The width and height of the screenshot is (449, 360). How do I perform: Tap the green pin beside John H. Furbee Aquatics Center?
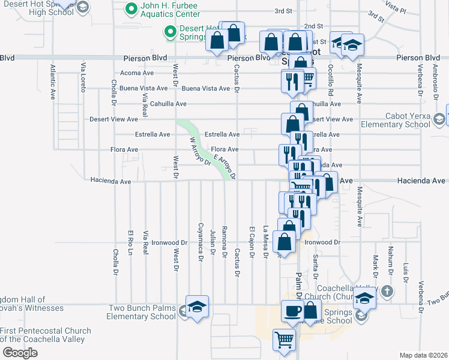click(x=130, y=10)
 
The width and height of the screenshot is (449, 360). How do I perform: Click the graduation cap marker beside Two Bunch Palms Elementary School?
click(x=197, y=307)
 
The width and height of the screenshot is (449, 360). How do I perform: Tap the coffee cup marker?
click(x=292, y=311)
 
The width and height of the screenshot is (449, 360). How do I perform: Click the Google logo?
click(x=20, y=353)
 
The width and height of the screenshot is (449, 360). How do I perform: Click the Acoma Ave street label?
click(x=137, y=73)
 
